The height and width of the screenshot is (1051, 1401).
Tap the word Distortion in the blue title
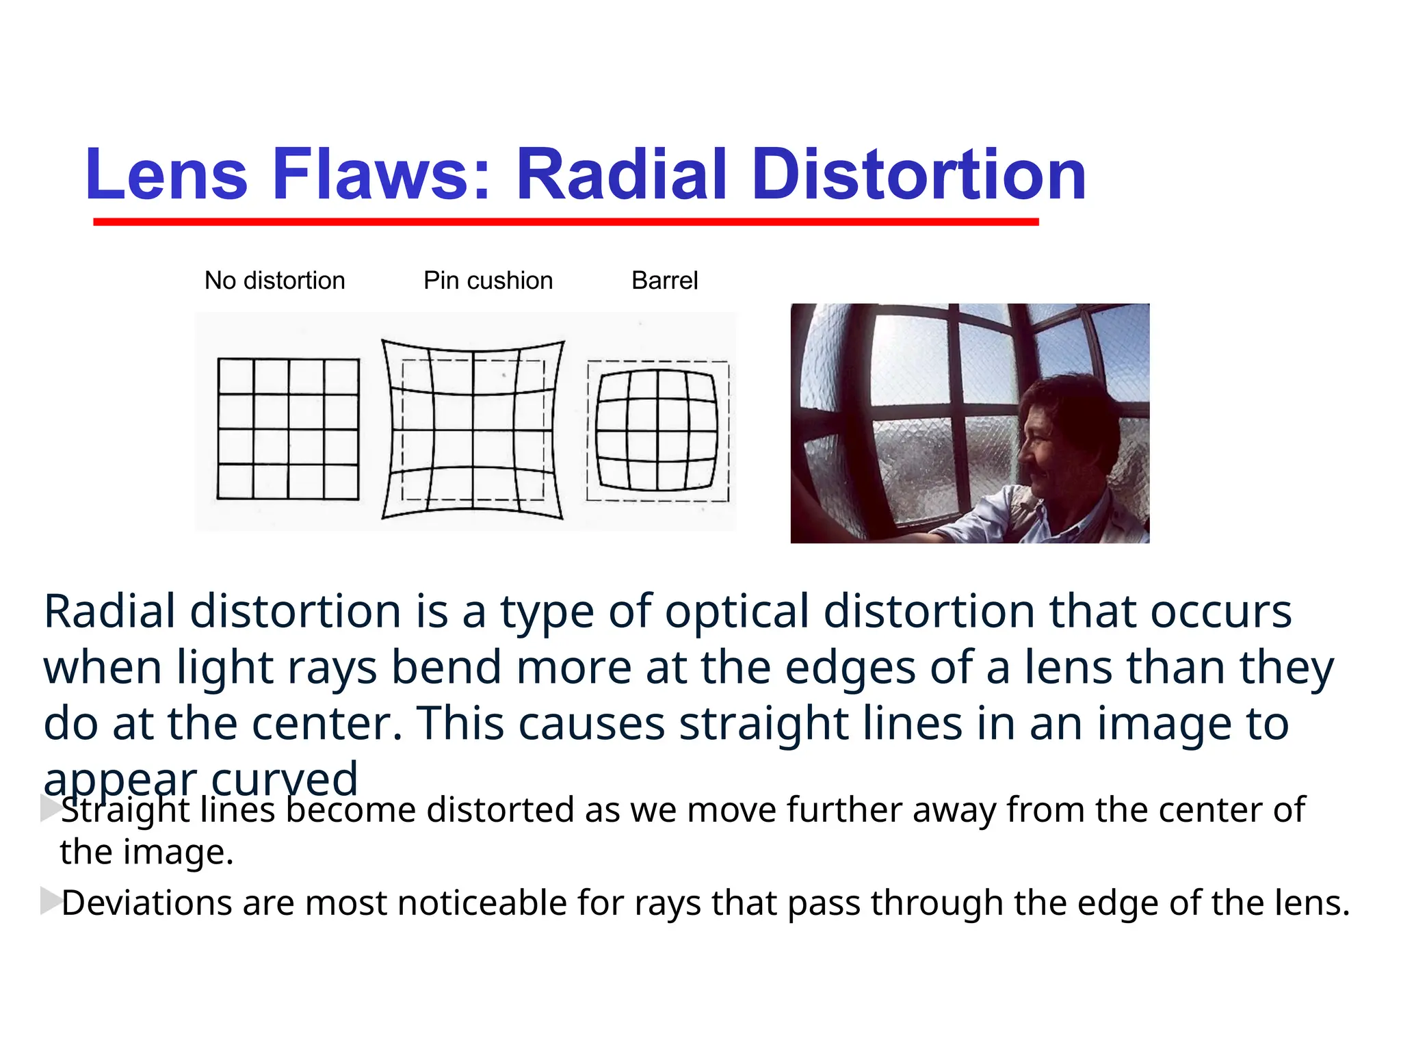click(x=919, y=175)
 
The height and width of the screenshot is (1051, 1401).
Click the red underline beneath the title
click(x=566, y=222)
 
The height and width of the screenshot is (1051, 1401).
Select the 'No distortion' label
click(x=275, y=281)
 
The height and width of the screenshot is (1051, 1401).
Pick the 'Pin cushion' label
click(x=488, y=281)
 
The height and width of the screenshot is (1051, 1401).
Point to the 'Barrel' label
click(x=664, y=281)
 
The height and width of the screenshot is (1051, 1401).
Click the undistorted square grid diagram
click(x=288, y=429)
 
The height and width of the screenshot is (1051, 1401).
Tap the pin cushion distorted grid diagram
click(x=473, y=430)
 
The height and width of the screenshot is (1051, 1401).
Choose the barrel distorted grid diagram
click(x=657, y=430)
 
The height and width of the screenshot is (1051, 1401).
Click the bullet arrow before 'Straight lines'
click(x=51, y=808)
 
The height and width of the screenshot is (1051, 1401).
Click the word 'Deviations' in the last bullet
click(x=146, y=903)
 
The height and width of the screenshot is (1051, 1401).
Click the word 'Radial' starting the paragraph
click(x=109, y=611)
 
